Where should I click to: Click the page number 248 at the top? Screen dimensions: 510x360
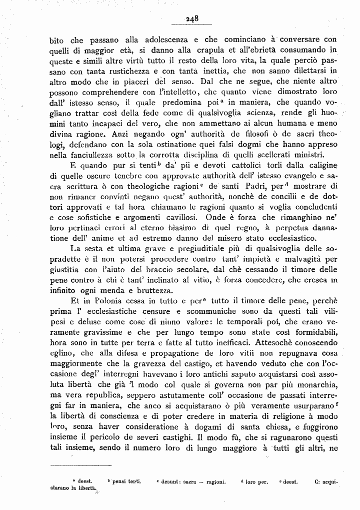[192, 18]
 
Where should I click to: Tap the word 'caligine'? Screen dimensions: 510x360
[319, 165]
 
